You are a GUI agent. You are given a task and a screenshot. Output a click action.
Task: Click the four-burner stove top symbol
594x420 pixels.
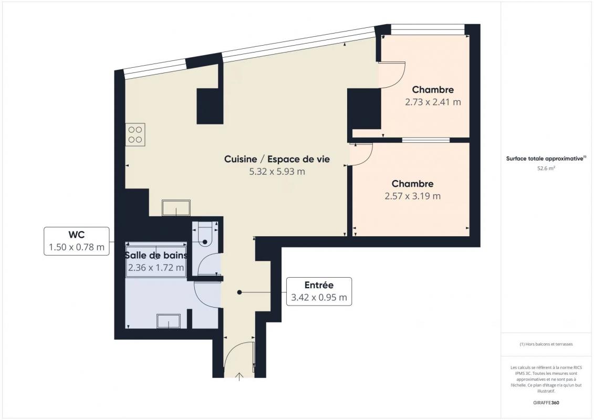[x=136, y=134]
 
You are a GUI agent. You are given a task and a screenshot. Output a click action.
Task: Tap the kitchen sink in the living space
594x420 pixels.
[x=176, y=208]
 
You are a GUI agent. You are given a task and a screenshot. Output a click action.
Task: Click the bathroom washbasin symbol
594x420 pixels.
[x=169, y=321]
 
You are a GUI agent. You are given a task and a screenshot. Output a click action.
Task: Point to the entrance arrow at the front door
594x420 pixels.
[x=239, y=376]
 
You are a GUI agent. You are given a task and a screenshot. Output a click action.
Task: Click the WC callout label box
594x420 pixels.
[x=77, y=241]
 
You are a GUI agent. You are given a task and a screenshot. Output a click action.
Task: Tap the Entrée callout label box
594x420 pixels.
[x=319, y=291]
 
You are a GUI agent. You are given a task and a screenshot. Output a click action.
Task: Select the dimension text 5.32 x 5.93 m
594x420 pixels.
[x=277, y=172]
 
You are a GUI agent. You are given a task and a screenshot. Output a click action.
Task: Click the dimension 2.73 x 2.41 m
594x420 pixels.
[x=433, y=102]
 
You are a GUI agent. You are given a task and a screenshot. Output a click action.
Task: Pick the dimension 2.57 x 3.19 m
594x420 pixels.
[x=412, y=196]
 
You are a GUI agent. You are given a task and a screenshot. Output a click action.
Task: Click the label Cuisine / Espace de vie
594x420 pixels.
[x=277, y=159]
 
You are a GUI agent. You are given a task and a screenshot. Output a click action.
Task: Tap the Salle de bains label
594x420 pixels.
[x=156, y=255]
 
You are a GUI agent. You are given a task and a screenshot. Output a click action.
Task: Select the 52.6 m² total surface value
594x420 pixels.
[x=546, y=169]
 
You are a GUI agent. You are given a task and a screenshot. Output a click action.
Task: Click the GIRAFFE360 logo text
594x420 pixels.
[x=546, y=403]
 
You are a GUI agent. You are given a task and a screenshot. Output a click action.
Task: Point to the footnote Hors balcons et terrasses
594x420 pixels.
[x=546, y=344]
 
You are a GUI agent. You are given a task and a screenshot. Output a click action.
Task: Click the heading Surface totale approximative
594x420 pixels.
[x=546, y=159]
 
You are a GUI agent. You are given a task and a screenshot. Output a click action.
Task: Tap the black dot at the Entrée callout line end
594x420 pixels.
[x=239, y=292]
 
